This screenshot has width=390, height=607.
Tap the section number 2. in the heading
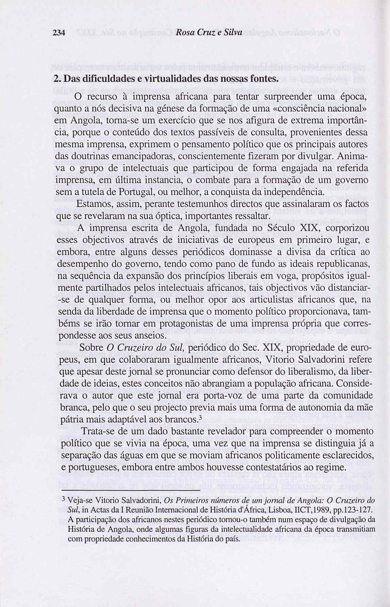(58, 79)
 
